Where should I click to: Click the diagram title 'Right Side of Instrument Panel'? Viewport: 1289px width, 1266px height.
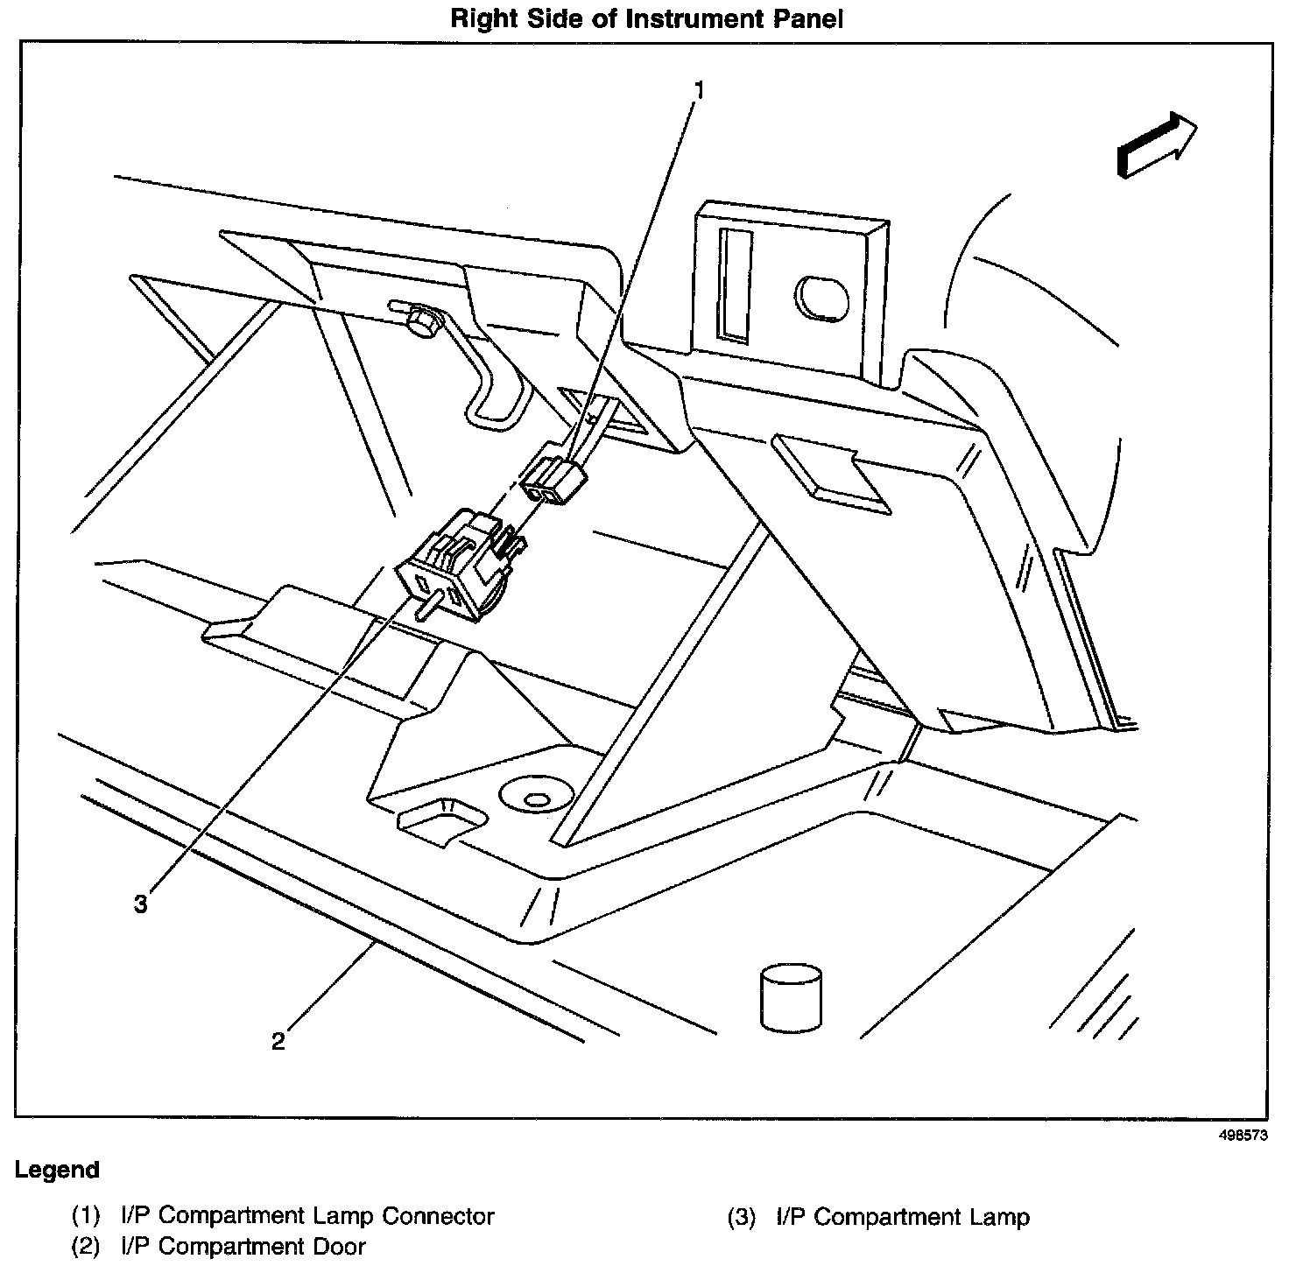pos(646,19)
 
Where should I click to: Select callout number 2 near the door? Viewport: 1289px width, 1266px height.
pos(278,1041)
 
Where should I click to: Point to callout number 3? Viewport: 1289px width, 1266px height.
pos(140,904)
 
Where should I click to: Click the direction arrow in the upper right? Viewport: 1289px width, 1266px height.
pos(1156,144)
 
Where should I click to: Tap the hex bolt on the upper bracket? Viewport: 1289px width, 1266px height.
pos(423,322)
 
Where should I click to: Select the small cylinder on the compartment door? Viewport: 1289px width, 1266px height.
pos(791,997)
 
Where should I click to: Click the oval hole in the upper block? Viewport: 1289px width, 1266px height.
pos(821,299)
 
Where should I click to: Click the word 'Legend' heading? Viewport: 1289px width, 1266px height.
pos(57,1170)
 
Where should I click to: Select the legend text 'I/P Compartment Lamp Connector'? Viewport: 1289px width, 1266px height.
pos(307,1216)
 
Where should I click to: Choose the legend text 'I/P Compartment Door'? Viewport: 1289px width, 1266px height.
pos(243,1247)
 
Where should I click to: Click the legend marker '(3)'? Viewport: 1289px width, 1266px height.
pos(741,1217)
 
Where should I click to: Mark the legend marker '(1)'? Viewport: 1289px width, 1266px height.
pos(86,1216)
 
